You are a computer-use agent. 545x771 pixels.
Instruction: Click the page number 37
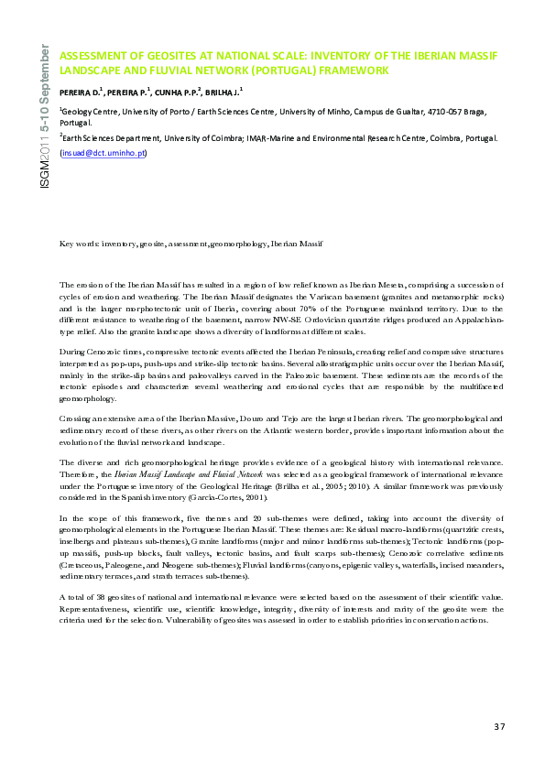pos(499,727)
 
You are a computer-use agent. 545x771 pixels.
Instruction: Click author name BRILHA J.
pos(224,92)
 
